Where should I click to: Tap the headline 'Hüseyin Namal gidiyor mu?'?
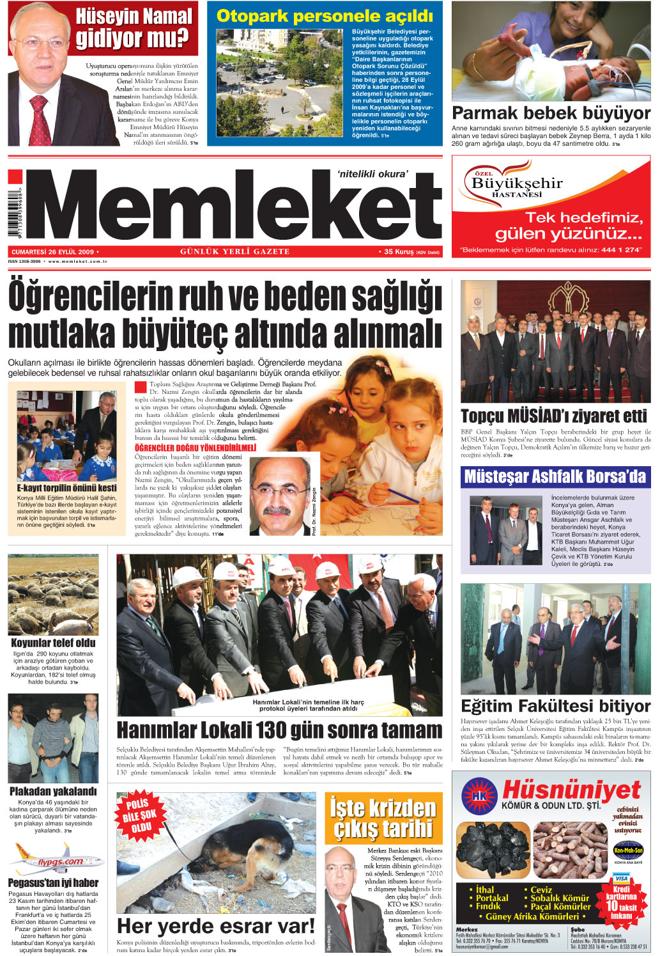click(x=134, y=28)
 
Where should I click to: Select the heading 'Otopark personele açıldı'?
click(x=325, y=16)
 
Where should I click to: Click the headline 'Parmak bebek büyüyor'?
click(x=551, y=114)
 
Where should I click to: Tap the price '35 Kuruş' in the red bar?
click(x=399, y=251)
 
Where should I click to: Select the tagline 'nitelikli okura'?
click(x=372, y=174)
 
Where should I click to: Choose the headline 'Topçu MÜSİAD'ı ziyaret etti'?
click(x=553, y=416)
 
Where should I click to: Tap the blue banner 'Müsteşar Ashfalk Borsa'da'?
click(x=555, y=476)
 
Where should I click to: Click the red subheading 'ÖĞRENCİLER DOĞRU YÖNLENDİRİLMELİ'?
click(x=195, y=448)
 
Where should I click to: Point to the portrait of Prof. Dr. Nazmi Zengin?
click(x=280, y=496)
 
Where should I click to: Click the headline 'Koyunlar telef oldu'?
click(x=53, y=643)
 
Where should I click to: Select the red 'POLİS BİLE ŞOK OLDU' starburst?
click(x=139, y=815)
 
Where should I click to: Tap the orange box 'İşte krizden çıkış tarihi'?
click(x=383, y=818)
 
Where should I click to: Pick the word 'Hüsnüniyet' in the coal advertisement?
click(x=571, y=790)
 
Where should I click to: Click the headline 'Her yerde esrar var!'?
click(x=215, y=926)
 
